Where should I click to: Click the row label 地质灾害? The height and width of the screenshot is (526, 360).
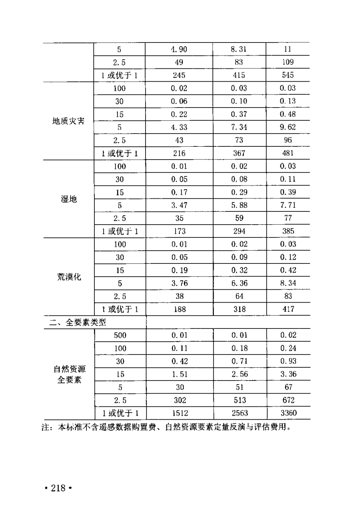(68, 121)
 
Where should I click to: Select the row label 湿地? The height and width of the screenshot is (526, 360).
(68, 199)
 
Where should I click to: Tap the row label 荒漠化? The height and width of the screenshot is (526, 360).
(68, 277)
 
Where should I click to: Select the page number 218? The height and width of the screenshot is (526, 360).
(58, 488)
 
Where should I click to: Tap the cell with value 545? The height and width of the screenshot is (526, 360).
(288, 75)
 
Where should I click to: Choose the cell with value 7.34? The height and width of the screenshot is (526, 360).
(239, 127)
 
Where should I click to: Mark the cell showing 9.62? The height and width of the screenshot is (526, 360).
(288, 127)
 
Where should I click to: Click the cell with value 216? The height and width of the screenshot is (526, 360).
(179, 153)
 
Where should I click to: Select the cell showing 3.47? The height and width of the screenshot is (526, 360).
(179, 205)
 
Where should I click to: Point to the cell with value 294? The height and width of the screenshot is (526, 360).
(239, 231)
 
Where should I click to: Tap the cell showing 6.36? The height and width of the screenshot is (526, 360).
(239, 283)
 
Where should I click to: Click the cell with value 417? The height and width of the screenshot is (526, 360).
(288, 309)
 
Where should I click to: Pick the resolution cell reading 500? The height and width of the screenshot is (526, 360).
(120, 335)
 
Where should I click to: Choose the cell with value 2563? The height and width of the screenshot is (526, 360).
(239, 413)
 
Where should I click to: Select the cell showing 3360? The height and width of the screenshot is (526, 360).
(288, 413)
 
